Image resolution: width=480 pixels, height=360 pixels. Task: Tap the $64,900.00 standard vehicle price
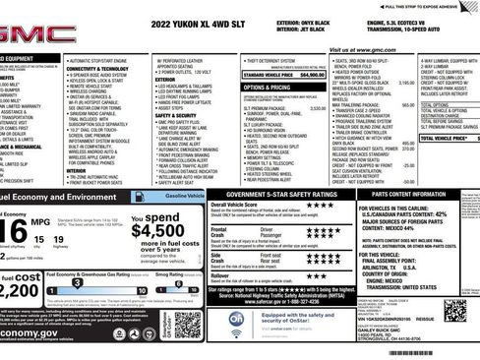(312, 74)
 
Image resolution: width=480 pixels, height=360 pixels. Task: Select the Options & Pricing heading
(267, 87)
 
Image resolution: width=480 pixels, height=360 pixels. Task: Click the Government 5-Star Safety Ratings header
(279, 195)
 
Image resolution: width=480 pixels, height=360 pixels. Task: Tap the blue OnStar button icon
(236, 320)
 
